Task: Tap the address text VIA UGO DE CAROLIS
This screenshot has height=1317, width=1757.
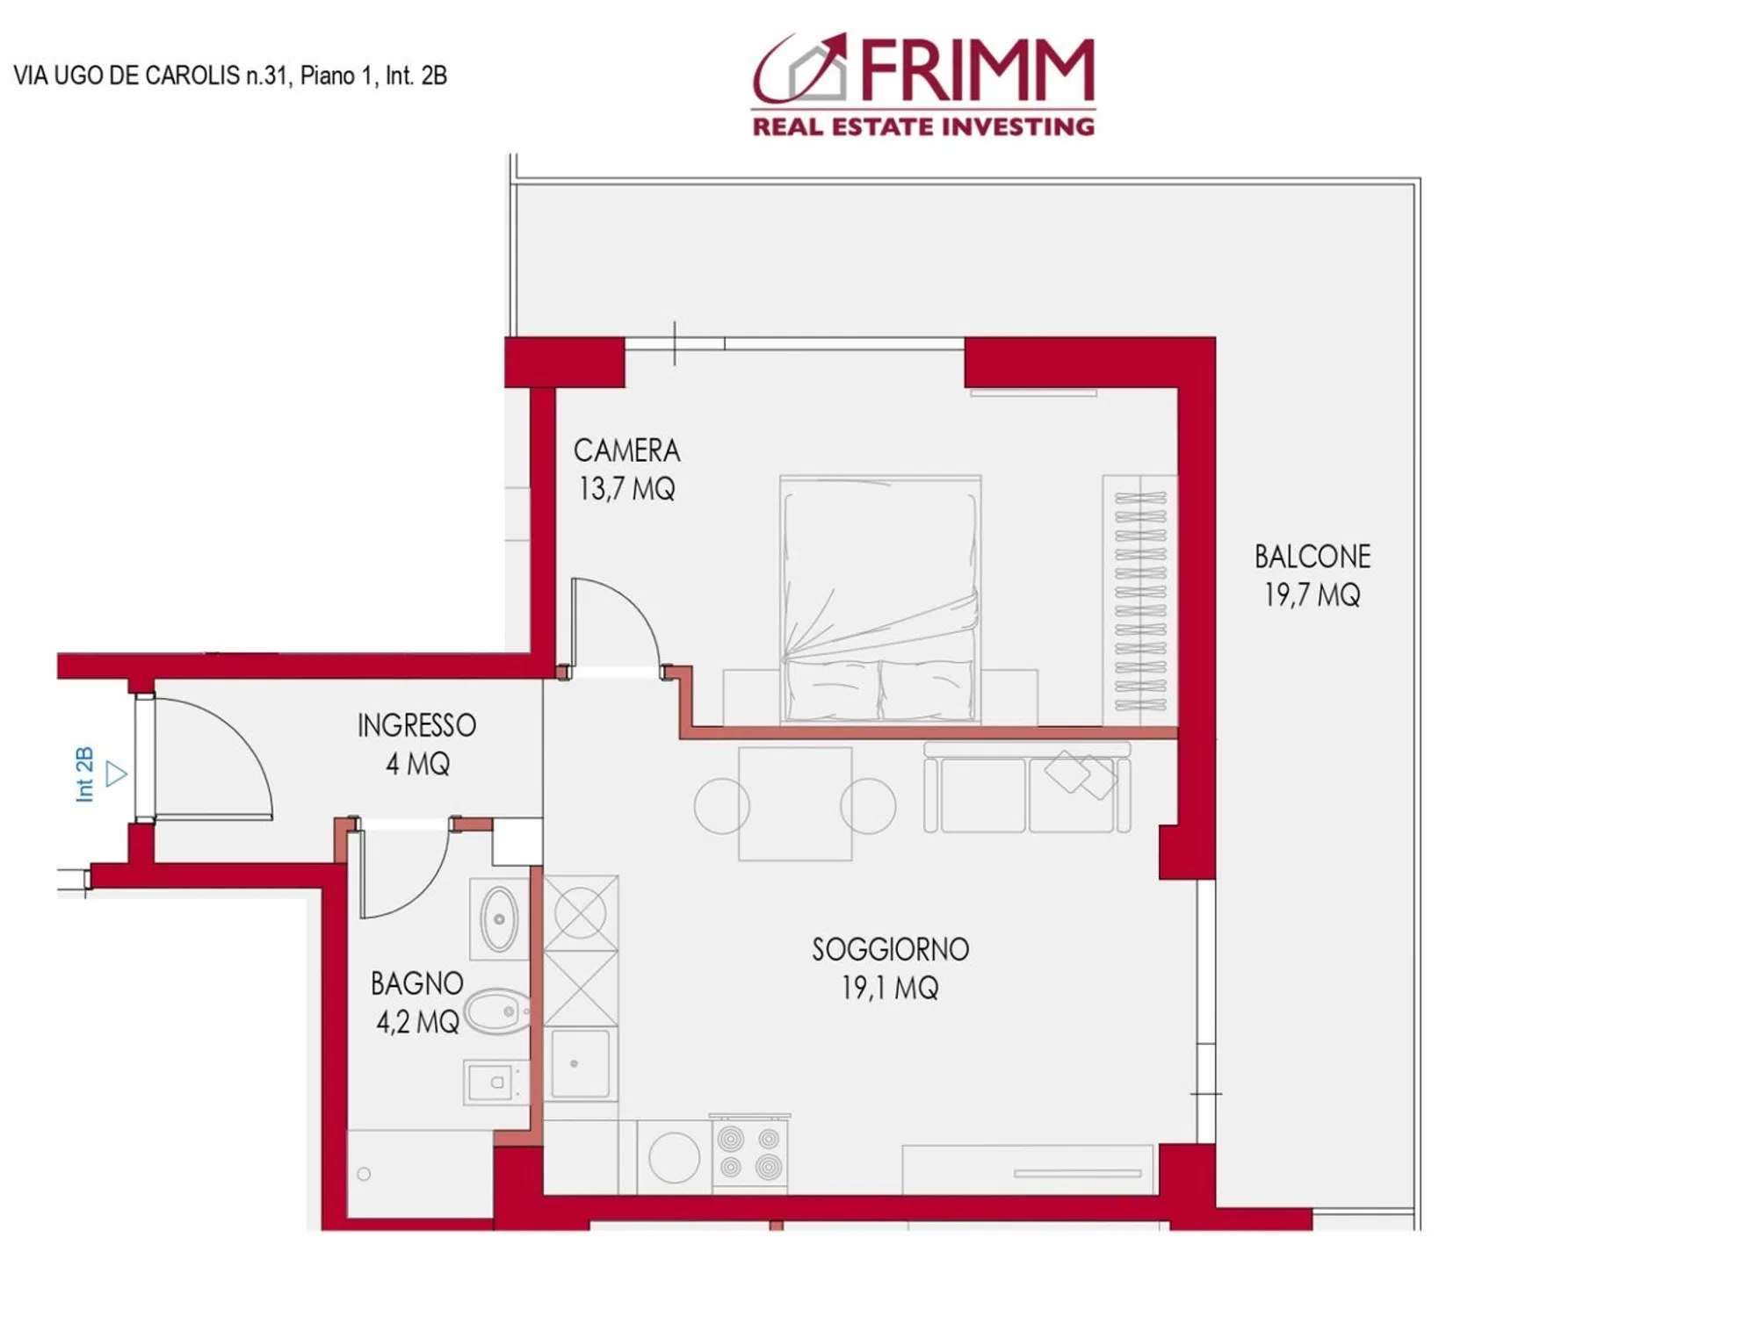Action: [127, 76]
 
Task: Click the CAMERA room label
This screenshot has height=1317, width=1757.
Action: [626, 450]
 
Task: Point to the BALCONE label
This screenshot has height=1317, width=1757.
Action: [1312, 557]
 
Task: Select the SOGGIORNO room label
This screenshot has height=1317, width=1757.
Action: [890, 949]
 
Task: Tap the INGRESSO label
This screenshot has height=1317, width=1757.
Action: [416, 725]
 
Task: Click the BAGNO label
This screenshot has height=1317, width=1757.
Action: [416, 983]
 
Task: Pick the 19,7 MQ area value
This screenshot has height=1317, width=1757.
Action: [1312, 595]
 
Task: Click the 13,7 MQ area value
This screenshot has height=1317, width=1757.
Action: [626, 489]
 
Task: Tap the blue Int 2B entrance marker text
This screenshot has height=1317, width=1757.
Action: [84, 774]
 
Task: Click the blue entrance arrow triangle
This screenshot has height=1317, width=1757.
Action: [116, 774]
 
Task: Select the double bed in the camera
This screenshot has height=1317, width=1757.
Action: [880, 600]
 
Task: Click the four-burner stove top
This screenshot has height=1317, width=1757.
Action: [749, 1153]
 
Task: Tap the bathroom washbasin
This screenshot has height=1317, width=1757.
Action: [499, 919]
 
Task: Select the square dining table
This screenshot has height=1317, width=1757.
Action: [795, 803]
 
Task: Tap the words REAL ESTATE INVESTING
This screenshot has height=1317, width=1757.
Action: [923, 127]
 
